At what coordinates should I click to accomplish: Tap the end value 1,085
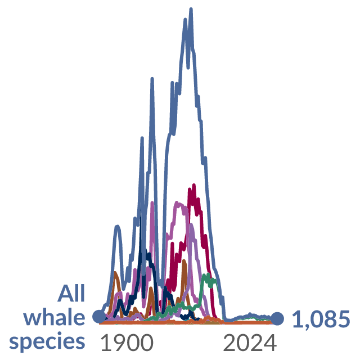321,319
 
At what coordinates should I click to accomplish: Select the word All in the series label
71,293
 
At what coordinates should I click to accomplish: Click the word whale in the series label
54,317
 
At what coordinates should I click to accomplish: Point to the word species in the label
47,342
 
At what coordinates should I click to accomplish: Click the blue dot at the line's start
99,316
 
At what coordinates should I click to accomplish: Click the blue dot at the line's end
277,319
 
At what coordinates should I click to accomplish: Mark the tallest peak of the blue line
191,9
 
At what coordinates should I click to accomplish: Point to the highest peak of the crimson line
194,185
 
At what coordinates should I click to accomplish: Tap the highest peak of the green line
208,274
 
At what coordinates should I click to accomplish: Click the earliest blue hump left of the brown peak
118,226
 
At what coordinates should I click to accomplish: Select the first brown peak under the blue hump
115,272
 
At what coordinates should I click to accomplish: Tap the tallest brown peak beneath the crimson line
184,260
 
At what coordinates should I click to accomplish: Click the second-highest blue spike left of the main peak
152,79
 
